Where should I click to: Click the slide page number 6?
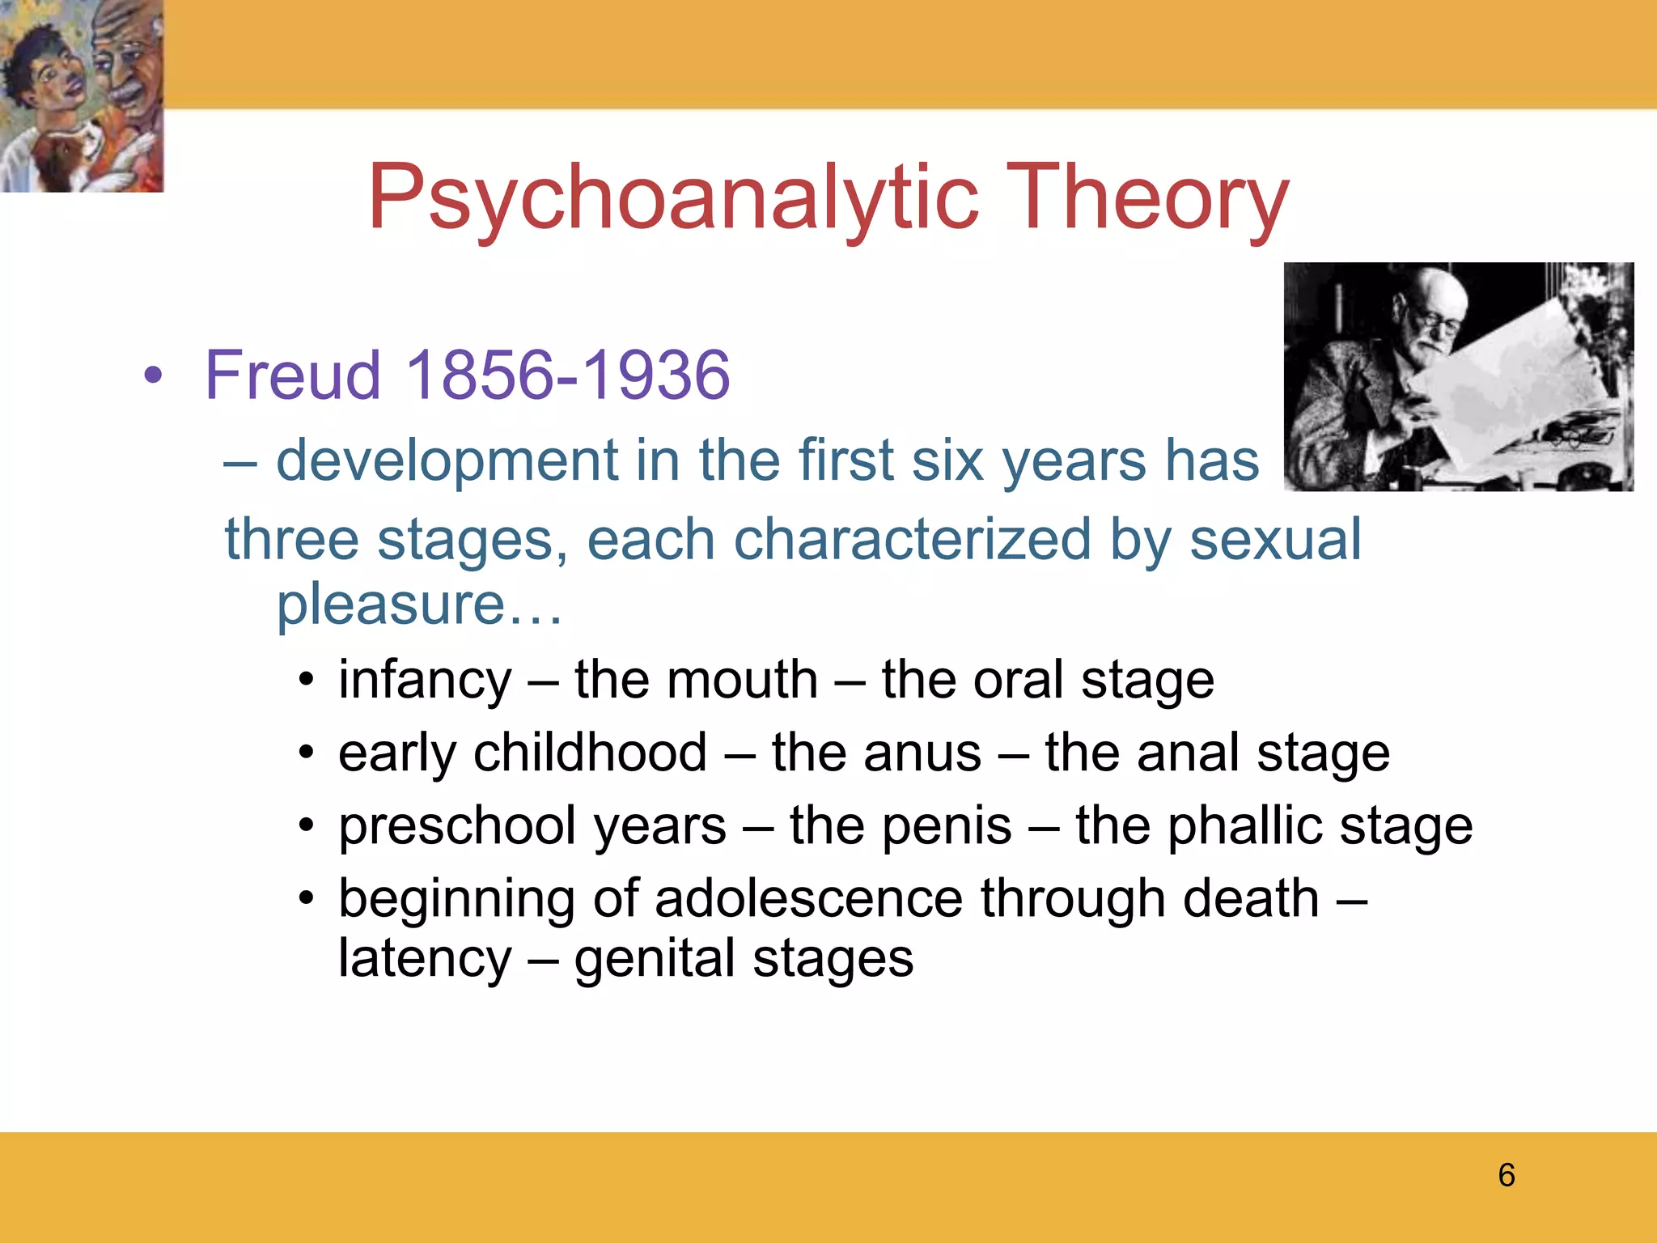(x=1506, y=1175)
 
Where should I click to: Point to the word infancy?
(x=425, y=680)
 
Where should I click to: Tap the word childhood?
(x=591, y=753)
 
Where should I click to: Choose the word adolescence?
(x=808, y=898)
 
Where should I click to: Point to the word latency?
(x=425, y=959)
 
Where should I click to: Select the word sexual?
(x=1275, y=540)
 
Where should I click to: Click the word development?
(x=447, y=460)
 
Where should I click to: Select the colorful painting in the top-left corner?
(x=82, y=95)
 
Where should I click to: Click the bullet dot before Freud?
(x=153, y=375)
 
